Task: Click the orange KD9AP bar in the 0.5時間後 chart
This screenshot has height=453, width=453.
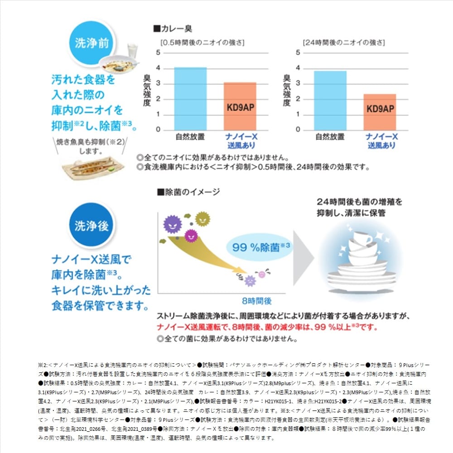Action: (240, 107)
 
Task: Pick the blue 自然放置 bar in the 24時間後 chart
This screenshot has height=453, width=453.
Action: (331, 101)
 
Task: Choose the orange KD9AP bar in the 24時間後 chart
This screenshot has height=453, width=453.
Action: (380, 112)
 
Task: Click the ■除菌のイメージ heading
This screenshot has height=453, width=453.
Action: (188, 192)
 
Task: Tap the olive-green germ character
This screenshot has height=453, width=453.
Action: (202, 218)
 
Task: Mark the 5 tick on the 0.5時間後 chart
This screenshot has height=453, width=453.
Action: (158, 53)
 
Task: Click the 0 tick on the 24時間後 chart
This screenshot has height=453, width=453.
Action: (298, 130)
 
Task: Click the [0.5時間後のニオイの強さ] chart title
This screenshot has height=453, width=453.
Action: (202, 43)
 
